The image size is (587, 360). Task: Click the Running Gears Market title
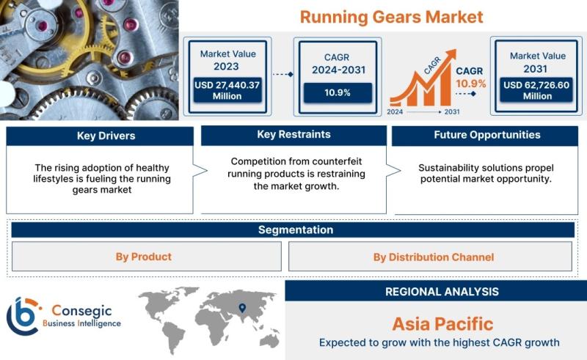click(391, 17)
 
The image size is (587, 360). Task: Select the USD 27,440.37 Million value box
click(227, 90)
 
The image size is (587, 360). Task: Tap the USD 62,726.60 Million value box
click(536, 90)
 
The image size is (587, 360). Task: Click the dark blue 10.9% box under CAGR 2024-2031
click(338, 93)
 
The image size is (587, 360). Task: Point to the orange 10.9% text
click(470, 84)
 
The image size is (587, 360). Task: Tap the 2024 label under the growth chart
click(395, 112)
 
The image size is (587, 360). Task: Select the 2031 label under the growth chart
click(452, 112)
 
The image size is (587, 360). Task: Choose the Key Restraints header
click(294, 135)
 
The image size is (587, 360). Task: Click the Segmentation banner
click(293, 229)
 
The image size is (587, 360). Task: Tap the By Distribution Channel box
click(430, 257)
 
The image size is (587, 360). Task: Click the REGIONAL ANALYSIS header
click(442, 292)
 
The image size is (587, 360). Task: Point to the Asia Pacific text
click(442, 323)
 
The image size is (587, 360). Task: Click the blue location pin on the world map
click(243, 308)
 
